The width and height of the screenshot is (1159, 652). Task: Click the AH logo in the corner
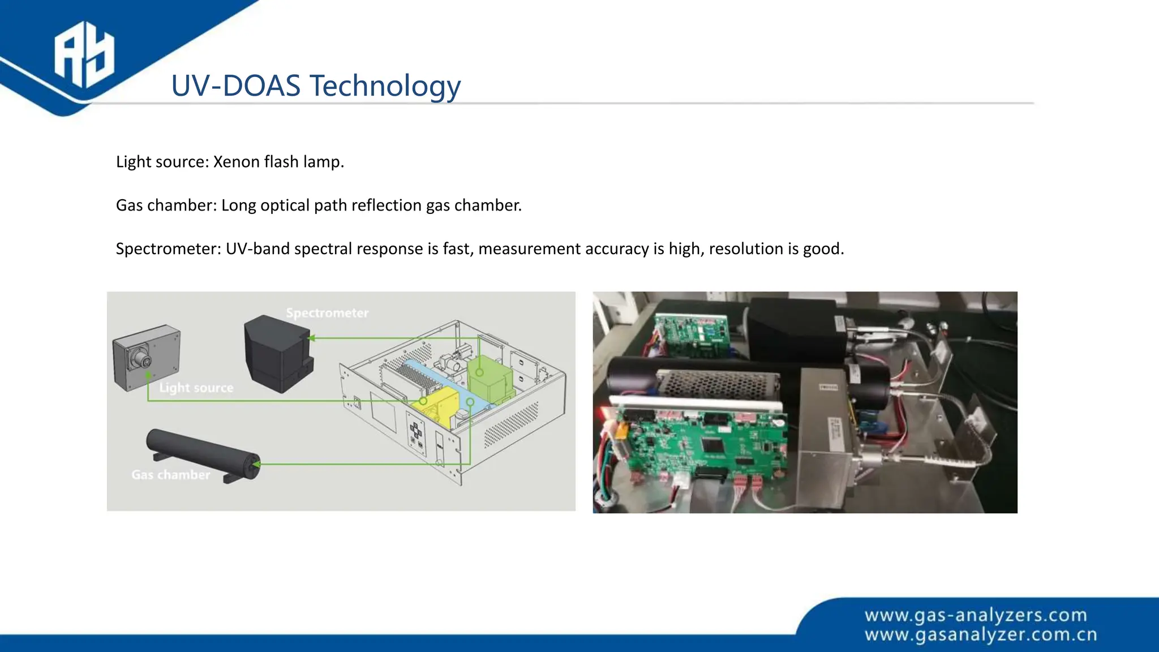tap(84, 55)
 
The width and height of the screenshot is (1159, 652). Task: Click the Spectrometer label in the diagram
tap(327, 313)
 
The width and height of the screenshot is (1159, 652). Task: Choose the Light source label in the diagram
tap(196, 388)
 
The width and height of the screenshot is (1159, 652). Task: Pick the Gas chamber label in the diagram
tap(170, 475)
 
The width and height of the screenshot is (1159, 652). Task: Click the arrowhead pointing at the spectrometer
tap(311, 338)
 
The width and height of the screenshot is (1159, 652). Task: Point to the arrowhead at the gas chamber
tap(256, 465)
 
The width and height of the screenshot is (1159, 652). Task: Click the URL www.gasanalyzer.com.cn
tap(980, 635)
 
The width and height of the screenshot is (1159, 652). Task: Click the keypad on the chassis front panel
tap(415, 435)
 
